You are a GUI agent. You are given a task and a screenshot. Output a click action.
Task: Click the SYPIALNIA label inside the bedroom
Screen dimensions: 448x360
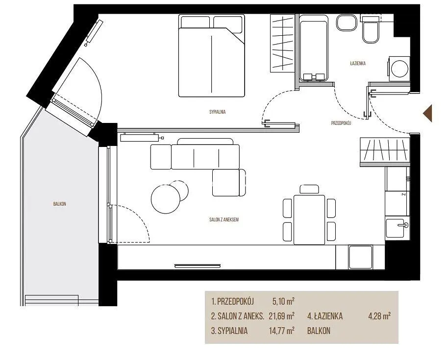[x=217, y=112]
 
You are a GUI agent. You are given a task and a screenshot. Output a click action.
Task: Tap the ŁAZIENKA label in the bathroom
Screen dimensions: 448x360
[x=358, y=63]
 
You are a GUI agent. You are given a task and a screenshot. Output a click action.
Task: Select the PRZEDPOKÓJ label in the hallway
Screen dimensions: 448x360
[x=341, y=123]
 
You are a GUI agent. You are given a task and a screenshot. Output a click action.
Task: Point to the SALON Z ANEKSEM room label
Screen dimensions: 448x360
[x=224, y=219]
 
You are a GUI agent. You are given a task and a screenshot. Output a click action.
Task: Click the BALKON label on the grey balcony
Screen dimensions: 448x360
[x=59, y=204]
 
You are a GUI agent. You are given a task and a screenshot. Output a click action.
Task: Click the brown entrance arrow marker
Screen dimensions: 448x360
[x=428, y=113]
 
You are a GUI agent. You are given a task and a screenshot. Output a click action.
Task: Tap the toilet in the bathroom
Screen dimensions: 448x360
[x=371, y=29]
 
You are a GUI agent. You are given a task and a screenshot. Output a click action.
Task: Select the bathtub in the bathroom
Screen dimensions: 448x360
[x=313, y=47]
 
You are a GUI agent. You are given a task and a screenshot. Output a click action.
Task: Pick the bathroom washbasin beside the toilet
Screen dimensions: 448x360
[x=347, y=23]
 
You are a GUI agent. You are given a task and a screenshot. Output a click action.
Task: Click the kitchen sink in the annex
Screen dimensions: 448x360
[x=397, y=228]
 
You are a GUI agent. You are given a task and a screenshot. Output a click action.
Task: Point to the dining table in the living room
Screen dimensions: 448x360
[x=309, y=219]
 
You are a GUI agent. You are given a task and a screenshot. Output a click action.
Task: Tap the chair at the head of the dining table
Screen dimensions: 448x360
[x=309, y=190]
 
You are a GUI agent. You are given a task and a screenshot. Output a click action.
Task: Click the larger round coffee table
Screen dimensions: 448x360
[x=166, y=199]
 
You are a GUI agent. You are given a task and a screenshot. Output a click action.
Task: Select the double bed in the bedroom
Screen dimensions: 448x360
[x=211, y=56]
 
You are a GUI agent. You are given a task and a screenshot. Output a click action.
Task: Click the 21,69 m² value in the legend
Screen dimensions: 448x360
[x=281, y=316]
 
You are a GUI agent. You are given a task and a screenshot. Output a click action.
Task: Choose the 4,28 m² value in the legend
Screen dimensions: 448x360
[x=380, y=316]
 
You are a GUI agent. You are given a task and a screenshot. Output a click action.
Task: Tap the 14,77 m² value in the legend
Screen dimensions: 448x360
[x=281, y=331]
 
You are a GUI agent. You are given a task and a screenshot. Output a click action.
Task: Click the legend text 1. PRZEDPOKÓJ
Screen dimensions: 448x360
[x=232, y=301]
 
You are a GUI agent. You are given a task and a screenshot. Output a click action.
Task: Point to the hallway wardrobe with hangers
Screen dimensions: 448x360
[x=385, y=152]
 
